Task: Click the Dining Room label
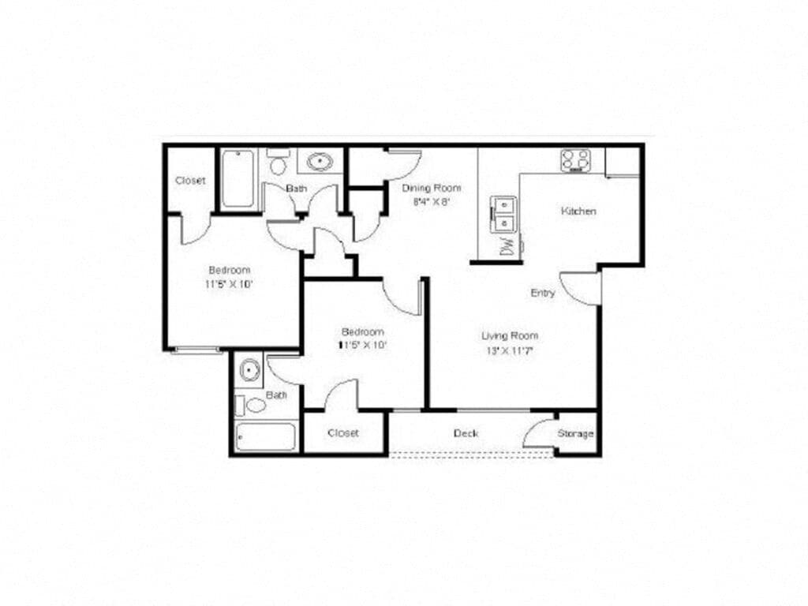point(431,188)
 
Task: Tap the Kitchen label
point(578,211)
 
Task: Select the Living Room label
point(510,335)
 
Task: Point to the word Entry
point(543,293)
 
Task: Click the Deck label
point(466,433)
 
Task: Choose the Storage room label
point(576,434)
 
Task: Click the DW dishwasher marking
point(507,245)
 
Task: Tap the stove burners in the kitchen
point(576,160)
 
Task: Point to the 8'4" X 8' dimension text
point(431,201)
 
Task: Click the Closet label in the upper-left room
point(190,181)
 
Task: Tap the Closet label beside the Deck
point(343,433)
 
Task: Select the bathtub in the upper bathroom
point(238,179)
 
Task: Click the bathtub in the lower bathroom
point(265,436)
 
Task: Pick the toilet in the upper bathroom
point(277,164)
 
